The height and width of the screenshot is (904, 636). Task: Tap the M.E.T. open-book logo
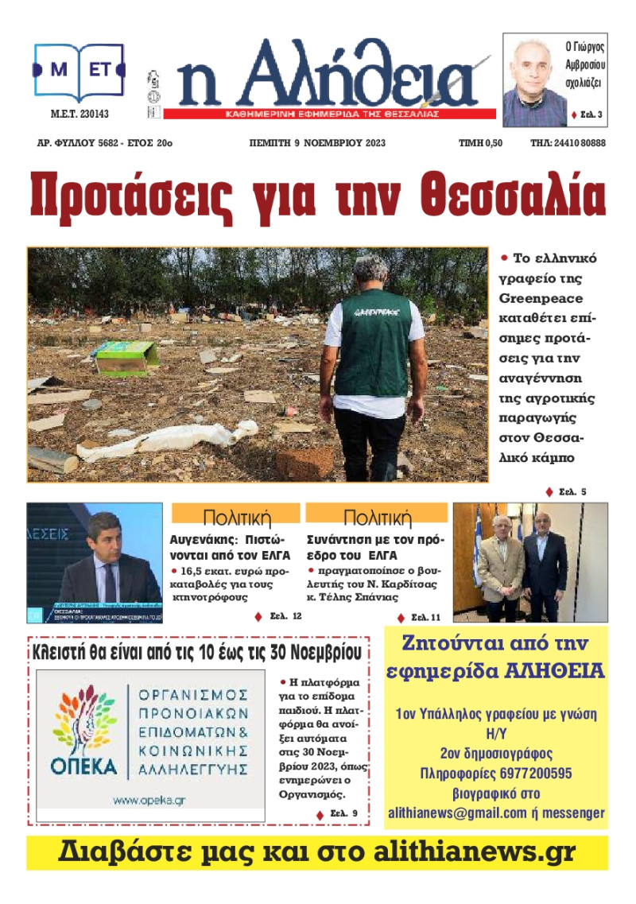pos(79,71)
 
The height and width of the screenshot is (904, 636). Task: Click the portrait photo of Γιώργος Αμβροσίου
pos(533,82)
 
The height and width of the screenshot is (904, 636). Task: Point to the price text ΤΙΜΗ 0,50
pos(481,143)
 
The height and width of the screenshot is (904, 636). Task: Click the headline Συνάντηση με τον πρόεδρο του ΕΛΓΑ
pos(375,547)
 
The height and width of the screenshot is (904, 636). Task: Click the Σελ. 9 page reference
pos(343,813)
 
